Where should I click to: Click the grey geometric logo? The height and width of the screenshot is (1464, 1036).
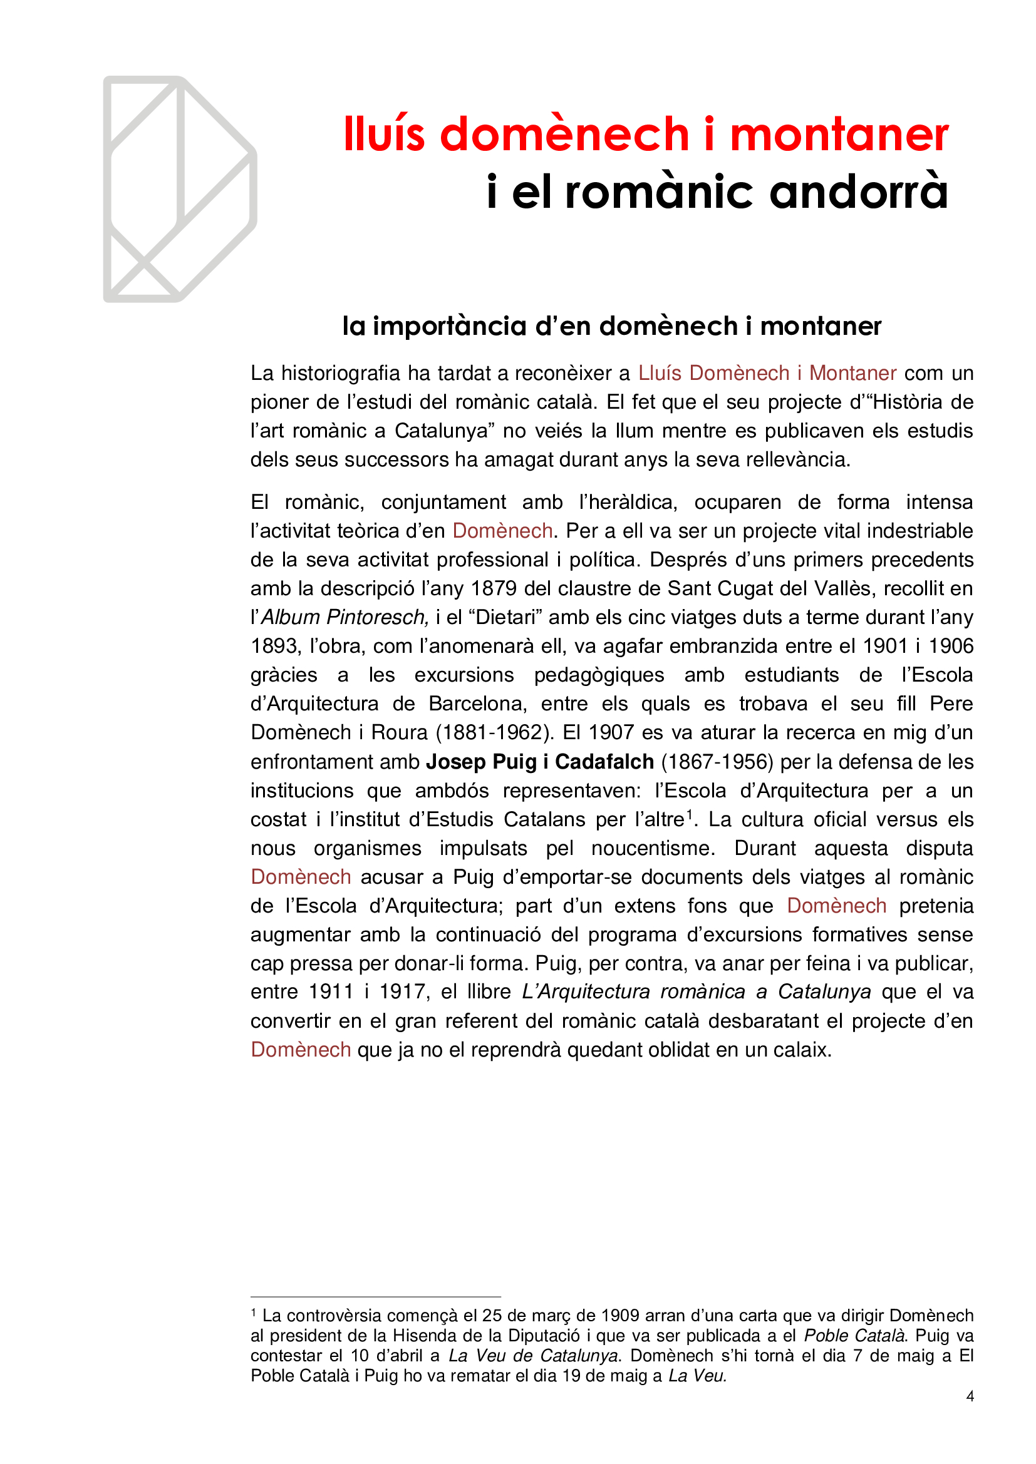coord(180,189)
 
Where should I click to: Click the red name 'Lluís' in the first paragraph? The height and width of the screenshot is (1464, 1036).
coord(660,373)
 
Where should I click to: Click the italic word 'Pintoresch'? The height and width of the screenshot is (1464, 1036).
coord(376,617)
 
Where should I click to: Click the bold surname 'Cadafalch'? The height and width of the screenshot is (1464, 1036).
coord(604,761)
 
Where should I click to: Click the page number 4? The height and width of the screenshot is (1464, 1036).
coord(970,1396)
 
